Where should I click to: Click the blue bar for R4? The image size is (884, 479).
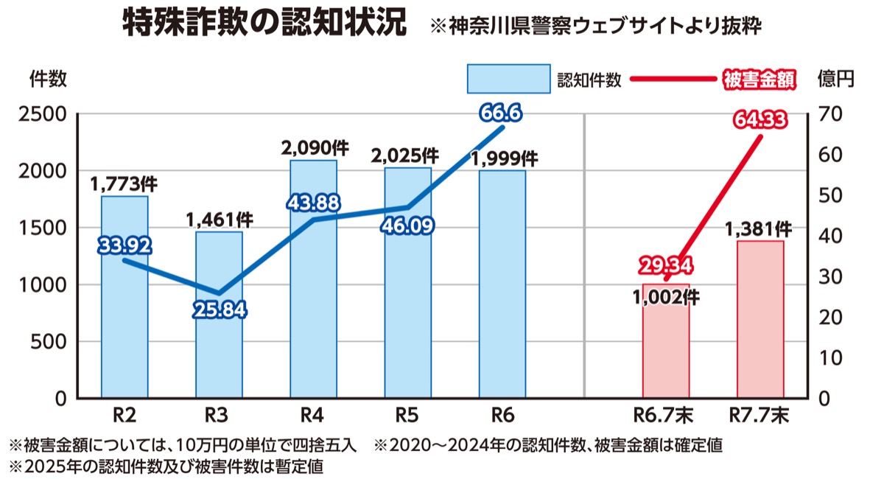(x=313, y=295)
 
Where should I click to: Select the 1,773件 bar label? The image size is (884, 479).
(x=124, y=183)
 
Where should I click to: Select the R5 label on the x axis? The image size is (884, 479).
(x=407, y=416)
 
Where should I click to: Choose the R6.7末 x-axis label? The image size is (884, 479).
(x=666, y=416)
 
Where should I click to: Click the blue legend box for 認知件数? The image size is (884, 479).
(x=508, y=79)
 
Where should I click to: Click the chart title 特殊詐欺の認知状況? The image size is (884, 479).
(x=264, y=24)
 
